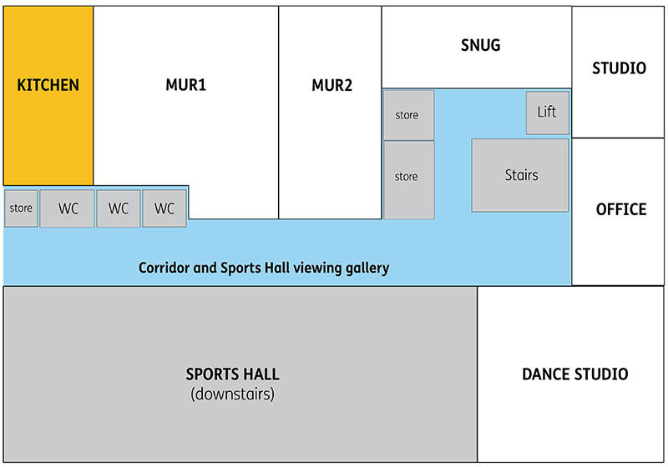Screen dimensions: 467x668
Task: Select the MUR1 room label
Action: (x=185, y=85)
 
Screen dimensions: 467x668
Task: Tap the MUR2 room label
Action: (x=331, y=85)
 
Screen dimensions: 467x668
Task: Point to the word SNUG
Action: (x=480, y=45)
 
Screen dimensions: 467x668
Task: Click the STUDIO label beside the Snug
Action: (x=619, y=68)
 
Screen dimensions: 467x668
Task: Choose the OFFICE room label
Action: (x=620, y=208)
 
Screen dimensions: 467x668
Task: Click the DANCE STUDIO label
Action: (x=574, y=374)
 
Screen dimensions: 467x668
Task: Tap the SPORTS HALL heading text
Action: (x=232, y=374)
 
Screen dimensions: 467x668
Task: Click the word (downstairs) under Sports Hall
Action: (x=232, y=394)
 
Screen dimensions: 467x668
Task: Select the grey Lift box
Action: (x=547, y=113)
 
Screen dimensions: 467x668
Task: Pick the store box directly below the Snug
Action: (x=408, y=115)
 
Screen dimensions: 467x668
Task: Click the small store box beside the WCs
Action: (x=21, y=208)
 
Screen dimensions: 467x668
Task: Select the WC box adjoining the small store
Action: (x=68, y=208)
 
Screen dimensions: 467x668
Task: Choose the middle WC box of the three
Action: (x=119, y=208)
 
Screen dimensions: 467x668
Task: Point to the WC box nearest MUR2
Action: (x=164, y=208)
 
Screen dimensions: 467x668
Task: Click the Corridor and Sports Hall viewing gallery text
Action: (x=264, y=268)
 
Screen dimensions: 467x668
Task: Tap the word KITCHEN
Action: (x=48, y=85)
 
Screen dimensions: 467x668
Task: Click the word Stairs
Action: (x=521, y=175)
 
